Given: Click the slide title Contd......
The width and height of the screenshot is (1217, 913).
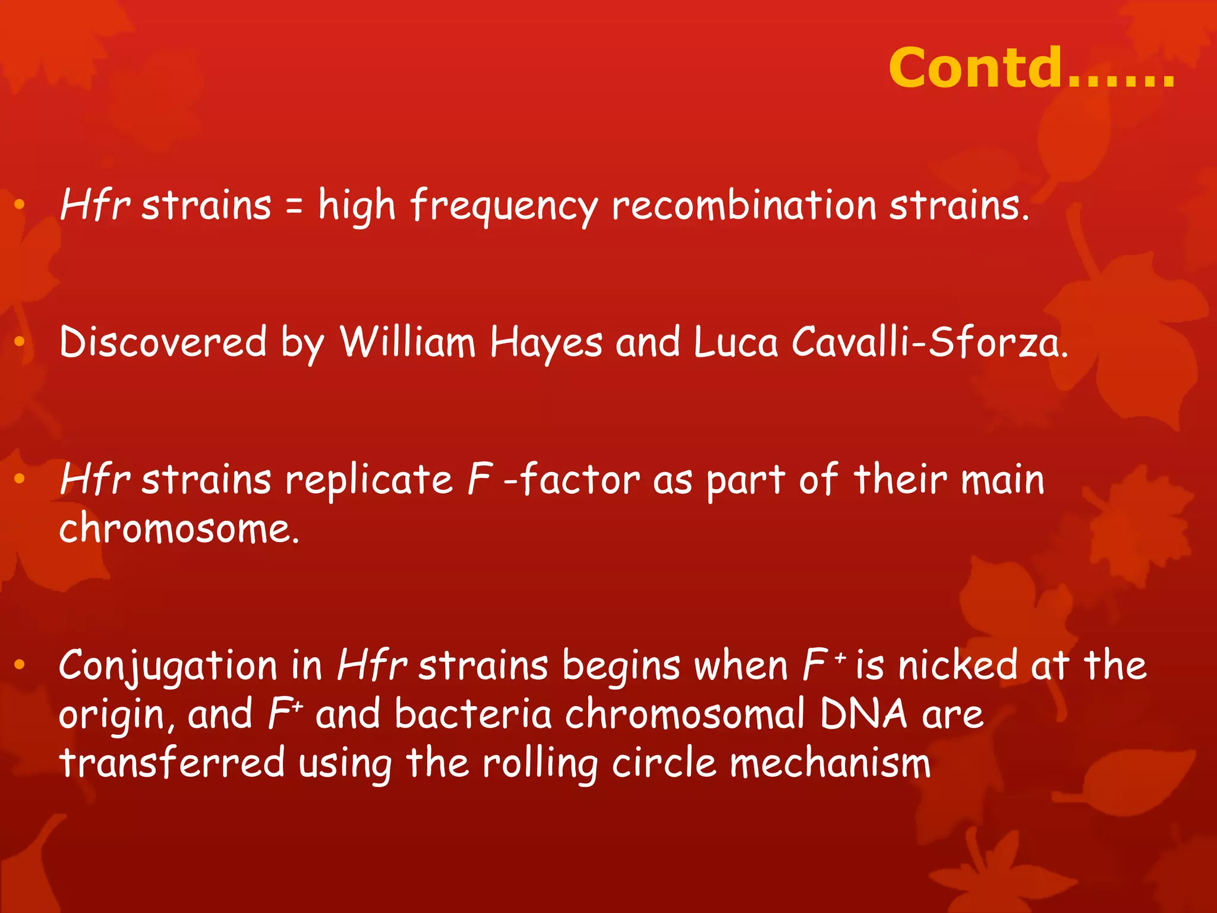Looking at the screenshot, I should point(1031,68).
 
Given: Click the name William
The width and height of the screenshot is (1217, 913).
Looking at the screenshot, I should point(408,342).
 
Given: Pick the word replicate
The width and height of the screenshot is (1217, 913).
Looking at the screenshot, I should point(369,480).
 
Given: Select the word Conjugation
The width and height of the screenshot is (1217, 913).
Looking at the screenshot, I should point(168,666).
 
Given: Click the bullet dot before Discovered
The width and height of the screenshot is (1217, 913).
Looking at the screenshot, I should point(20,342).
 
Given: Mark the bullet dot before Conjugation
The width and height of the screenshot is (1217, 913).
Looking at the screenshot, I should point(20,665).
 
